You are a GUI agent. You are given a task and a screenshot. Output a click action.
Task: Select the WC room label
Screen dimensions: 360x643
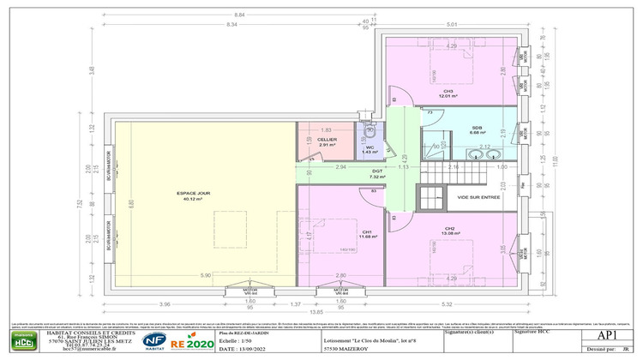tap(370, 149)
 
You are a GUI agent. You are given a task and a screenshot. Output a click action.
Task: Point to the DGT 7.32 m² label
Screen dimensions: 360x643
tap(376, 172)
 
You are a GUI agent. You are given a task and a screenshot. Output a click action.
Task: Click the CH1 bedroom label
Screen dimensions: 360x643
tap(366, 234)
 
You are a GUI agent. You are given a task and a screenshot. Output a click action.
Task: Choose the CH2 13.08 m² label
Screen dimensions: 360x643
tap(448, 231)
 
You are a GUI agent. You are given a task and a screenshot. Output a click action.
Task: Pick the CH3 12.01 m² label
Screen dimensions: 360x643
tap(447, 93)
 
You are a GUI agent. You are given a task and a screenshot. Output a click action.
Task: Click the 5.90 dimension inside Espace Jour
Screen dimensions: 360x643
tap(206, 274)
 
